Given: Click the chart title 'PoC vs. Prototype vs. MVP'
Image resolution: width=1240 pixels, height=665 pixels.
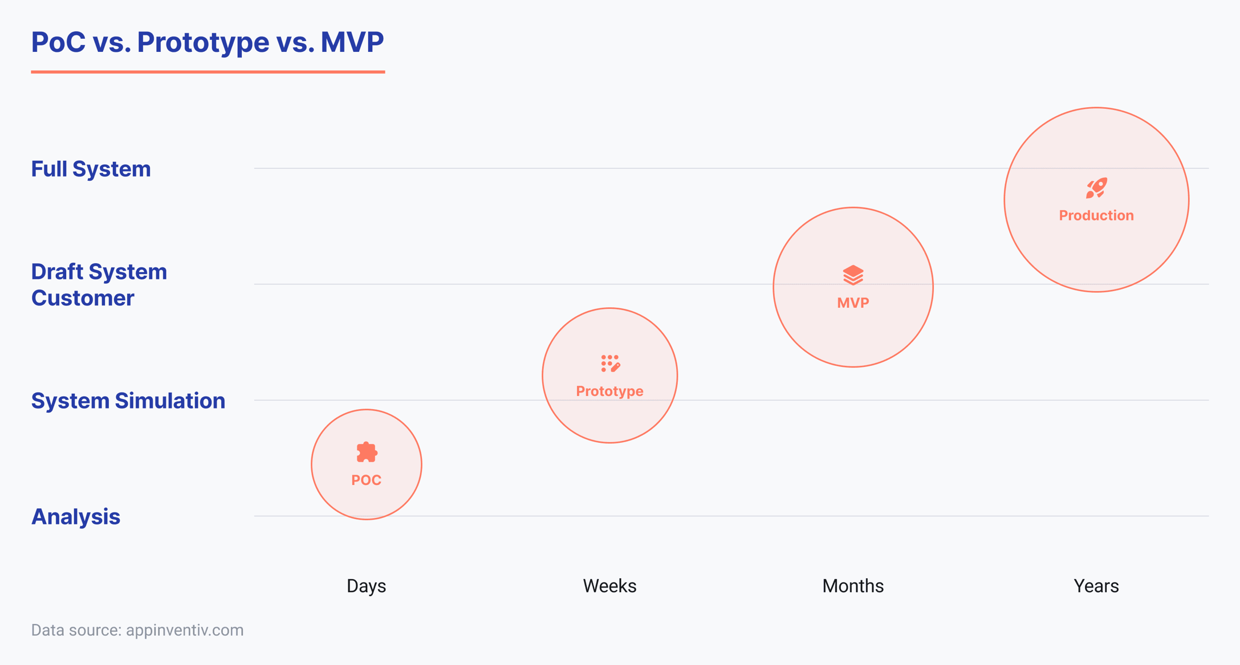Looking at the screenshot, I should click(x=207, y=42).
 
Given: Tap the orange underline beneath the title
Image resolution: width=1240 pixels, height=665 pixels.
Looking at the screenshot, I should click(x=208, y=72).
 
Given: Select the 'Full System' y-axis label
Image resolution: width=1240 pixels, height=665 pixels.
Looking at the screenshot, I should click(x=91, y=169).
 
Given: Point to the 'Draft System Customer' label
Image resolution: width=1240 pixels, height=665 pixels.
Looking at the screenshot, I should click(x=99, y=285).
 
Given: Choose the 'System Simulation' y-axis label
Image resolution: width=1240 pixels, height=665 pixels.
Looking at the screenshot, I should click(x=128, y=401).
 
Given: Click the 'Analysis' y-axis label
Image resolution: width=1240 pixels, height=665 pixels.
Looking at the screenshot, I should click(x=75, y=517).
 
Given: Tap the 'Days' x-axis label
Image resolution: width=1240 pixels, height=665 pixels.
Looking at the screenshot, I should click(x=366, y=586).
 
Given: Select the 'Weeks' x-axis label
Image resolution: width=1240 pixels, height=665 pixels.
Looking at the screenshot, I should click(x=609, y=586).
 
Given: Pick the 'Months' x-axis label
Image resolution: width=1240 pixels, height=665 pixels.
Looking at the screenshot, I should click(x=852, y=586).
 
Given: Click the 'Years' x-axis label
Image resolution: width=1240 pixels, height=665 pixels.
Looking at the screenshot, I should click(x=1096, y=586).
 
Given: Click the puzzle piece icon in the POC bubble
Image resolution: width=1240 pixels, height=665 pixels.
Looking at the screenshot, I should click(x=366, y=452).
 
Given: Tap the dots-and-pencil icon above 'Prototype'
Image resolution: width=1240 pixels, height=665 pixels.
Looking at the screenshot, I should click(x=610, y=363).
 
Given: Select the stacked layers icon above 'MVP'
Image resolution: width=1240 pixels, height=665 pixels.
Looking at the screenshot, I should click(x=853, y=275).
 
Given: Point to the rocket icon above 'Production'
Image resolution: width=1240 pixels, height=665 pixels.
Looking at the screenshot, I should click(x=1096, y=188).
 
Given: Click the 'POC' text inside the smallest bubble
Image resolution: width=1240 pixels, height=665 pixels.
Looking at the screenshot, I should click(x=366, y=480).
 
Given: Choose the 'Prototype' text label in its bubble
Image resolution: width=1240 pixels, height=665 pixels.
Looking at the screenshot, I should click(x=609, y=391).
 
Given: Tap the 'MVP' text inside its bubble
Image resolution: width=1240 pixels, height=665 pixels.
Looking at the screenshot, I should click(x=853, y=303).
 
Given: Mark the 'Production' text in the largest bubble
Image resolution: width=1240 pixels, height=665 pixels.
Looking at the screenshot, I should click(x=1096, y=216).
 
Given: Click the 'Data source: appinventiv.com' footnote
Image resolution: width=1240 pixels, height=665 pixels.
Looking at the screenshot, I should click(x=137, y=630).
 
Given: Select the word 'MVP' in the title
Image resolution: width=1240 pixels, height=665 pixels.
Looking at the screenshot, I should click(x=352, y=42).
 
